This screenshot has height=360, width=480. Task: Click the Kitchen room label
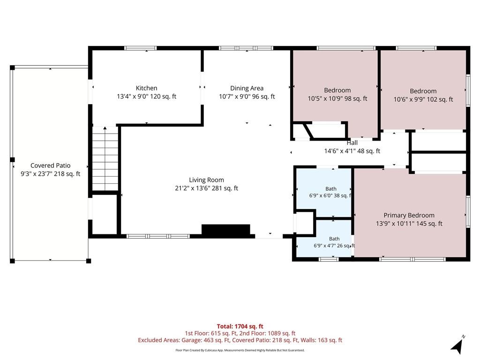pyautogui.click(x=146, y=88)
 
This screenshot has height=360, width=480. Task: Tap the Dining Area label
pyautogui.click(x=247, y=88)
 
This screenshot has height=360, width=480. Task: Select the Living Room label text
pyautogui.click(x=206, y=180)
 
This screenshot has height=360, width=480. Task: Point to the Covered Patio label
pyautogui.click(x=50, y=165)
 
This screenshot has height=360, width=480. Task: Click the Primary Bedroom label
pyautogui.click(x=409, y=215)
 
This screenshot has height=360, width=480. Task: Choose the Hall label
pyautogui.click(x=352, y=142)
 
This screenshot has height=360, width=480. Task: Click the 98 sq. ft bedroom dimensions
pyautogui.click(x=337, y=98)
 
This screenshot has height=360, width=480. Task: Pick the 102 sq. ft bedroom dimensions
pyautogui.click(x=423, y=99)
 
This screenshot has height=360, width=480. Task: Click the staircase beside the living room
pyautogui.click(x=105, y=158)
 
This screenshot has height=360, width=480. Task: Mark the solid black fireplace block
pyautogui.click(x=226, y=230)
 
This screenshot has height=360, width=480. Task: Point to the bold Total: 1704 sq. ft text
pyautogui.click(x=240, y=326)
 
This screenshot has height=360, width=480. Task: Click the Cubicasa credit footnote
pyautogui.click(x=240, y=350)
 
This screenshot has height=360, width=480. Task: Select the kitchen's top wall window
pyautogui.click(x=141, y=48)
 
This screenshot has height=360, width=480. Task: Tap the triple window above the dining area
pyautogui.click(x=246, y=48)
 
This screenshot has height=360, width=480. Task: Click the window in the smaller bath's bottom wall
pyautogui.click(x=329, y=259)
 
